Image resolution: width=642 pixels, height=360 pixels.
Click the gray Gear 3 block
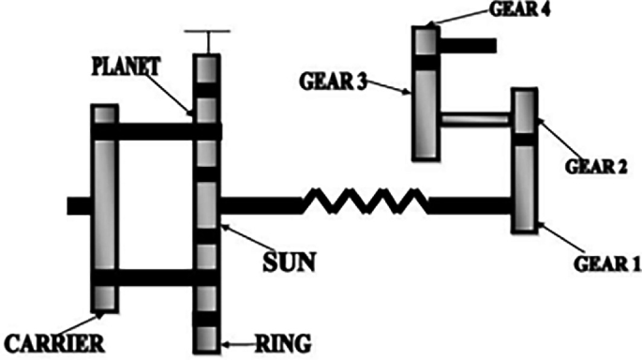pos(426,112)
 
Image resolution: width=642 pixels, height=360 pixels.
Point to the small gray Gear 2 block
pos(524,110)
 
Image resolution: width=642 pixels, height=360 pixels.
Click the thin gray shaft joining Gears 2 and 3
pos(476,119)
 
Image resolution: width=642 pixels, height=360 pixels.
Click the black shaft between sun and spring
pos(261,202)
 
